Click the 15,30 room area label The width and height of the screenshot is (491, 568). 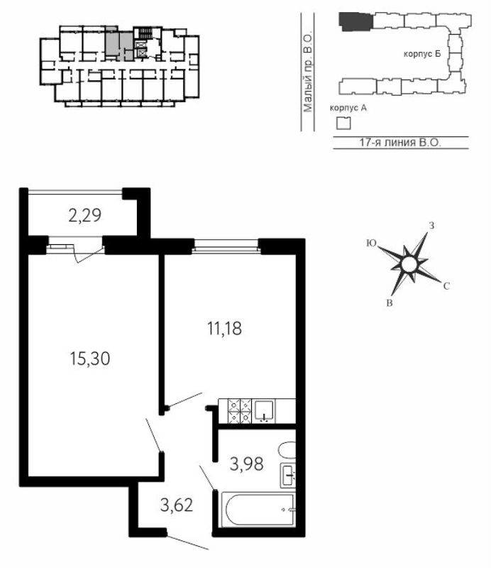[x=90, y=359]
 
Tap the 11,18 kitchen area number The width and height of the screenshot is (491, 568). [x=224, y=329]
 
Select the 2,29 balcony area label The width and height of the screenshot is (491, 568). [x=84, y=216]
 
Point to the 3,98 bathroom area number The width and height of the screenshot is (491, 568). [x=247, y=464]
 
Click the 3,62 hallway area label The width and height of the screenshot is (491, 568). [x=177, y=505]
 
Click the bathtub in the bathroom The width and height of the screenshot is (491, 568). [x=258, y=509]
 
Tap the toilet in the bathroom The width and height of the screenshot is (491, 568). [x=287, y=450]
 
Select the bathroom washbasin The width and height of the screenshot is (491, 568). [x=288, y=475]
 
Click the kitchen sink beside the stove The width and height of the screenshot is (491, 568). [x=265, y=411]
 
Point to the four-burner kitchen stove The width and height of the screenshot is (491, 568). [x=240, y=411]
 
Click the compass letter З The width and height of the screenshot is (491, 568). [x=431, y=225]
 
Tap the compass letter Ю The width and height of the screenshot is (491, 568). [x=372, y=243]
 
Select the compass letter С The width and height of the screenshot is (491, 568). [x=446, y=286]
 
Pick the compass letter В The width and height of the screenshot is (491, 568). [x=390, y=303]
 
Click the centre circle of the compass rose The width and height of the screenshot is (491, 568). [x=409, y=263]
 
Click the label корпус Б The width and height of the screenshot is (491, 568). [x=422, y=54]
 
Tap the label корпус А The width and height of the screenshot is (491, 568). [x=348, y=108]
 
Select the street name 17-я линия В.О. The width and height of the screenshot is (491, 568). [x=400, y=143]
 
